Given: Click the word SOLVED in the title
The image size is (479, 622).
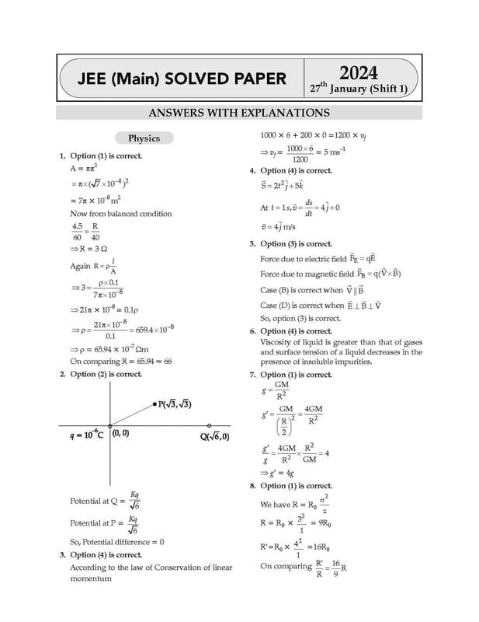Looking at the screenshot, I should (188, 79).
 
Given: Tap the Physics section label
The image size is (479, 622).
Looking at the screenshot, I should (144, 138).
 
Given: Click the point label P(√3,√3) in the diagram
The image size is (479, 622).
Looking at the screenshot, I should (175, 404).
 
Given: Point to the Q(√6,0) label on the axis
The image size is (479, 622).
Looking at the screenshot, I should (214, 436).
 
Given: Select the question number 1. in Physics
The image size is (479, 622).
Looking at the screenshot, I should (63, 156).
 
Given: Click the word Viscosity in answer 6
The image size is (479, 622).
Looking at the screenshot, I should (279, 341).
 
